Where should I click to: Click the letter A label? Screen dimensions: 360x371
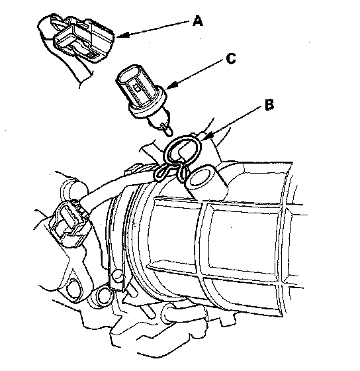(198, 21)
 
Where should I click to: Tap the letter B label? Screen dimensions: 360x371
(269, 105)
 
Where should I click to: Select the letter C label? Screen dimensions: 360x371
(231, 58)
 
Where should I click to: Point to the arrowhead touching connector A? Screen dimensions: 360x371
(122, 35)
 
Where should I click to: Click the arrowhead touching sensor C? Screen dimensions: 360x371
(171, 85)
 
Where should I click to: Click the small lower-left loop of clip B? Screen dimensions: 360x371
(163, 172)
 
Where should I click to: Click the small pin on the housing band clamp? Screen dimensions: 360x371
(116, 275)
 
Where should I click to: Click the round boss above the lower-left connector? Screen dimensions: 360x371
(71, 189)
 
